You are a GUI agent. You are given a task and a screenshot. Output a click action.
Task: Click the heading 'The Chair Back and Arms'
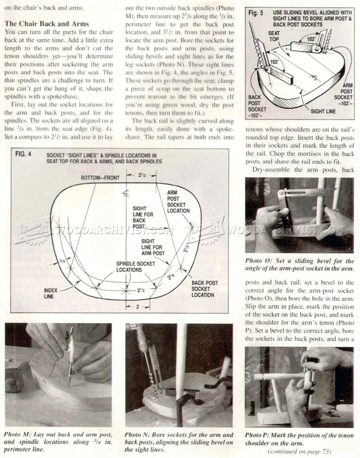point(46,24)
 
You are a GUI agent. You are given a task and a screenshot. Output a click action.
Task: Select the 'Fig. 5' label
point(256,13)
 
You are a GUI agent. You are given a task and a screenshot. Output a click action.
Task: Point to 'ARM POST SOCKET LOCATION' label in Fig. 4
point(178,202)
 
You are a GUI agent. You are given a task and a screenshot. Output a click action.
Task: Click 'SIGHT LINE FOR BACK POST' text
point(142,218)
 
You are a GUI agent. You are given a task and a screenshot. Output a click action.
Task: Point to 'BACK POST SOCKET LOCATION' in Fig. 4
point(204,288)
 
